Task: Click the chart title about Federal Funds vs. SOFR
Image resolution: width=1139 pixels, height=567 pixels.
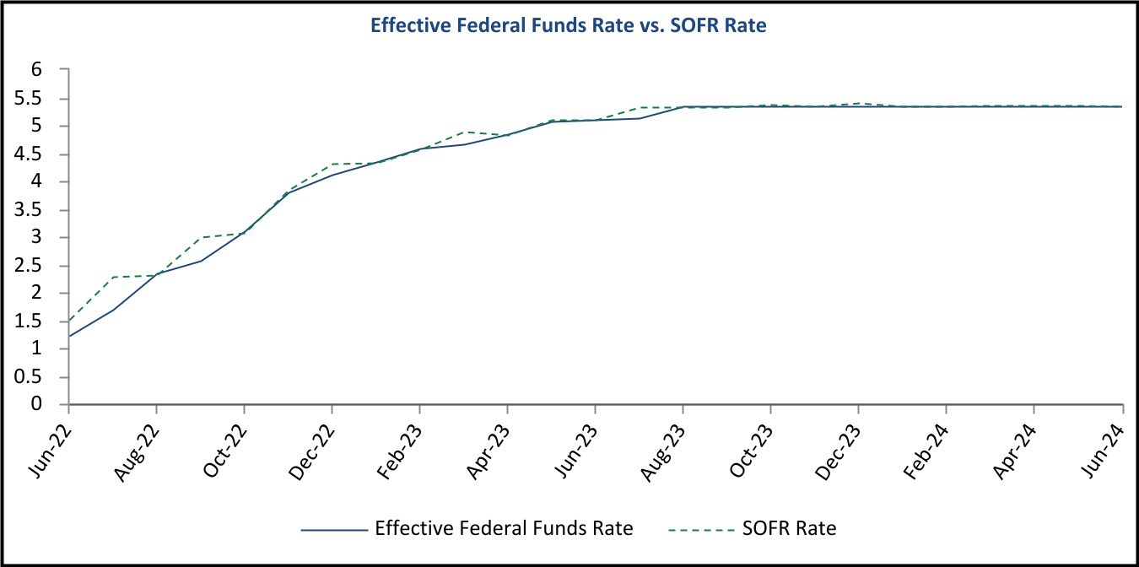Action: click(x=569, y=26)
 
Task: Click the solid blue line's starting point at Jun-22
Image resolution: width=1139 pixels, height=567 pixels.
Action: click(x=69, y=337)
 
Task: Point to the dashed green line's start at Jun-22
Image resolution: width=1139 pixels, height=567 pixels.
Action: click(x=69, y=321)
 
